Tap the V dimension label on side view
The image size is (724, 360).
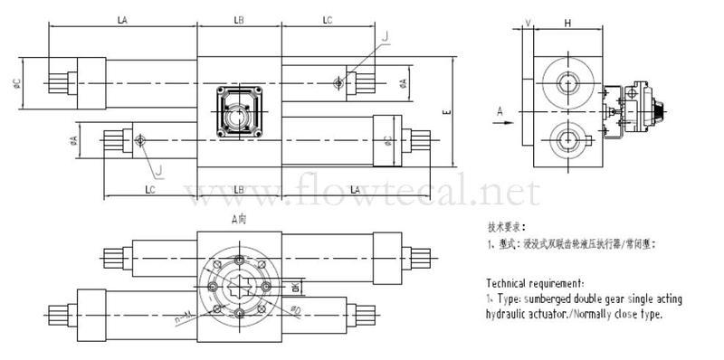[527, 21]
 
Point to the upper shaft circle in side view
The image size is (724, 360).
[568, 84]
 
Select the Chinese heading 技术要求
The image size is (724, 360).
[505, 226]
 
